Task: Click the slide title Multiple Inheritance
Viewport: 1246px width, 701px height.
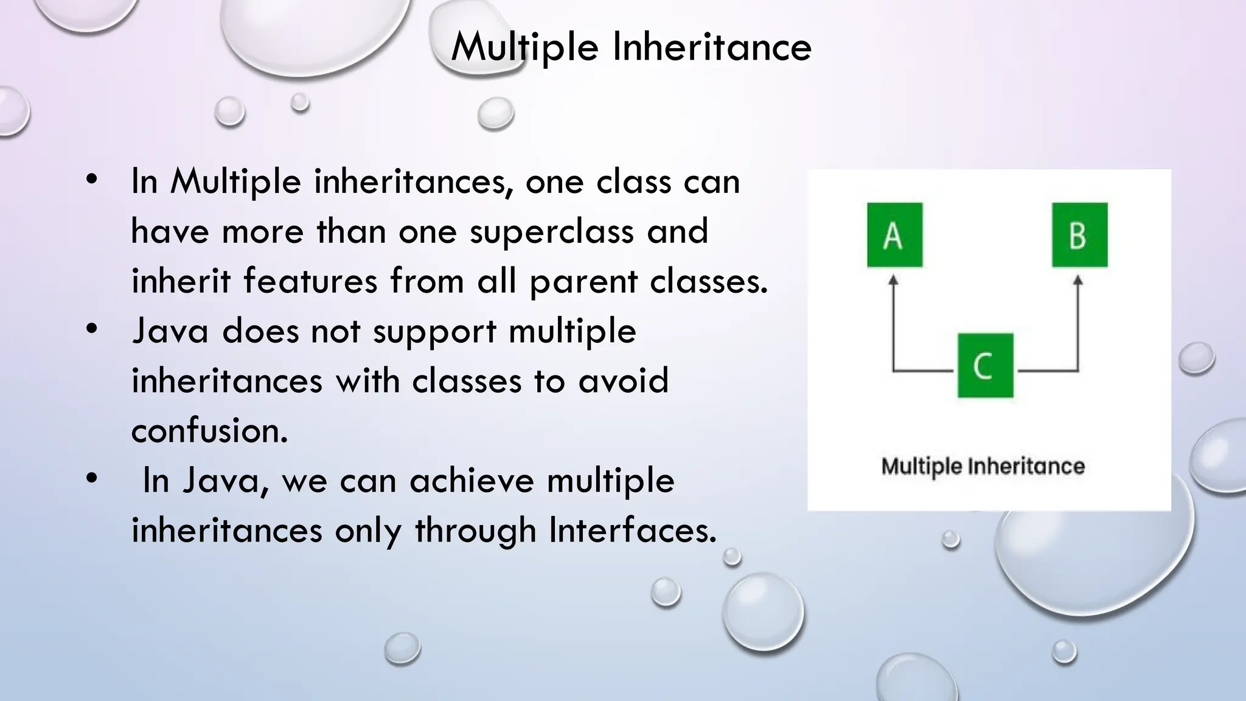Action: coord(631,47)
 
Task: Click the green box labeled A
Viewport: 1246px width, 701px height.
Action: coord(894,235)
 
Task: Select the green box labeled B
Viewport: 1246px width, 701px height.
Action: coord(1079,235)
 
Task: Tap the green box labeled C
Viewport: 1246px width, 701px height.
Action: coord(985,365)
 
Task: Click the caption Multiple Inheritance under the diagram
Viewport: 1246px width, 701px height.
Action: coord(983,467)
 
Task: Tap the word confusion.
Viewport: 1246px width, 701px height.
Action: coord(209,431)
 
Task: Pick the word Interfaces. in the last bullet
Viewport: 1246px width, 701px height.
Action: coord(633,530)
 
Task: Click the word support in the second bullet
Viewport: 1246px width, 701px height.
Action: coord(434,332)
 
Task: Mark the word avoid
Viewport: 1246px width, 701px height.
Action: coord(623,382)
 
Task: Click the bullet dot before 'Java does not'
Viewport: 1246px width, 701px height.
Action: coord(92,329)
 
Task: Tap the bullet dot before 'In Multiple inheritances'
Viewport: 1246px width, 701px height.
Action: coord(92,180)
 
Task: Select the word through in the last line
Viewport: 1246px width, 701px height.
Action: coord(475,530)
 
